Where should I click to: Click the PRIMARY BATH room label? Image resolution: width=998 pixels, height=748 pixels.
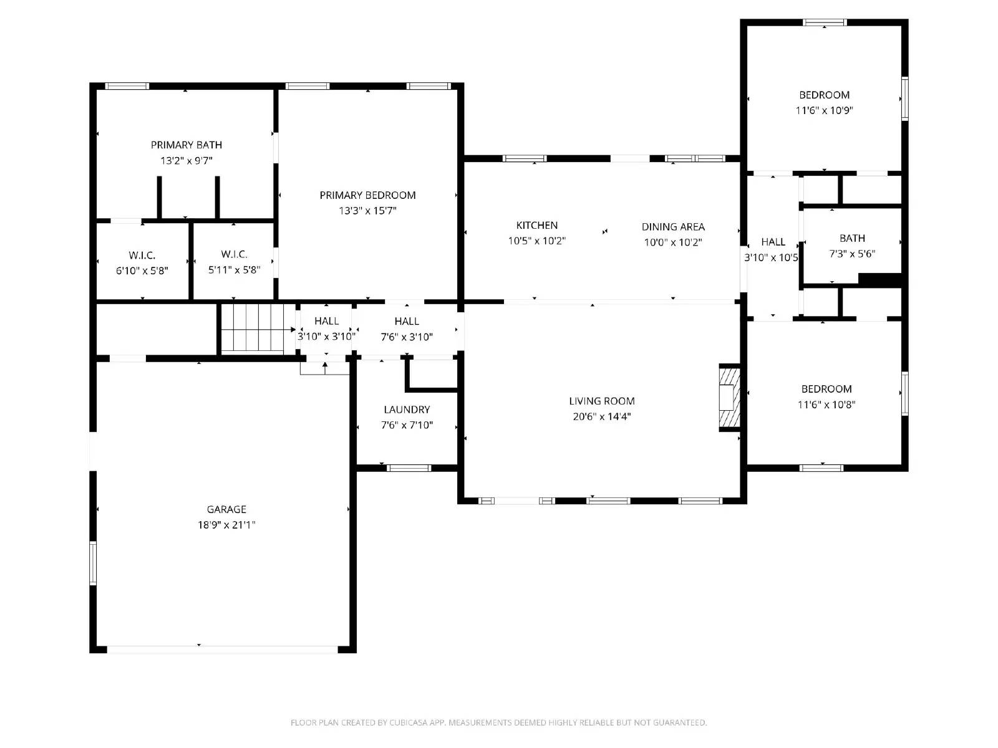coord(187,145)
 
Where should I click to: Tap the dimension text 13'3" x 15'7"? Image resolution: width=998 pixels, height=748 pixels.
coord(367,211)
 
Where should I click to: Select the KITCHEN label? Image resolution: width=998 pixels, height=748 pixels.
coord(536,225)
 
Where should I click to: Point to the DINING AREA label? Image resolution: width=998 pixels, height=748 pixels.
coord(673,227)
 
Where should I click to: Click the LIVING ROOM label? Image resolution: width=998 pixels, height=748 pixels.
coord(601,401)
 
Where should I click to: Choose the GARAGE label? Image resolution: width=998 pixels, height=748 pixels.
coord(226,509)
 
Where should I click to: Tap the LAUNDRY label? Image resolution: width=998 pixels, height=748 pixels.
coord(407,410)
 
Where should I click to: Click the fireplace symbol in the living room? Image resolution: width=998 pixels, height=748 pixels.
coord(729,398)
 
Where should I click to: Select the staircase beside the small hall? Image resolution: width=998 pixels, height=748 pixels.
coord(253,327)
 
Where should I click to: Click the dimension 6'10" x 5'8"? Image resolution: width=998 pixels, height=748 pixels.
coord(142,271)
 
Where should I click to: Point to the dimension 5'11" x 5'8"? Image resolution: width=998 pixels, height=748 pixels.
coord(234,270)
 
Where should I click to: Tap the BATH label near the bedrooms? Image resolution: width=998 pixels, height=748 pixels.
coord(852,239)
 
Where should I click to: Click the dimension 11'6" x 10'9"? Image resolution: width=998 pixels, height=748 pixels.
coord(824,110)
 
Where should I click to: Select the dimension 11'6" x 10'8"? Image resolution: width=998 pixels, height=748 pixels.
coord(826,404)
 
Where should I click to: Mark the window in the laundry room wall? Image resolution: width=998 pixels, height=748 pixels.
coord(409,468)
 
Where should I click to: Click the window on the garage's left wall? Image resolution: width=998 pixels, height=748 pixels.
coord(93,563)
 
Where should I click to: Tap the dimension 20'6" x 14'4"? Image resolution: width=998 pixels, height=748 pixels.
coord(601,416)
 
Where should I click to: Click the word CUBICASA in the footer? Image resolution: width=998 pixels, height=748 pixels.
coord(409,722)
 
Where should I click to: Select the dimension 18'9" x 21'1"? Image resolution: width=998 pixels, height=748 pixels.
coord(226,525)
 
